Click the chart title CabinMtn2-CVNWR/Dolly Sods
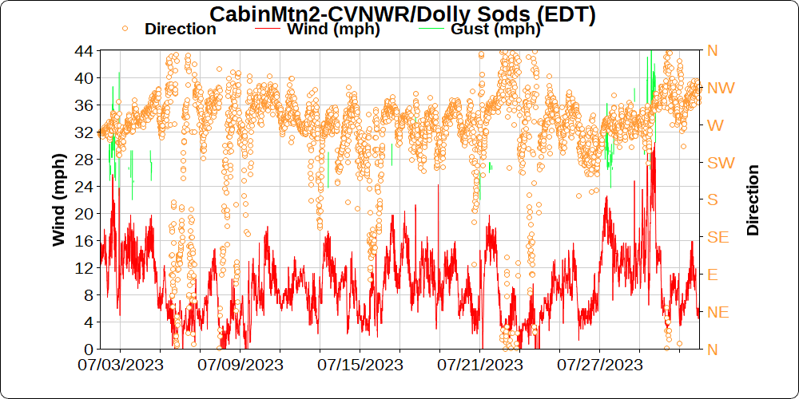(x=403, y=14)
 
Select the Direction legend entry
(x=180, y=30)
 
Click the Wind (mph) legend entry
(x=332, y=30)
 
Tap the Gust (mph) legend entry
(x=495, y=30)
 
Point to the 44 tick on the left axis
(x=83, y=50)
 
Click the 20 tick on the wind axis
(x=83, y=213)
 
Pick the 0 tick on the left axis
(x=87, y=349)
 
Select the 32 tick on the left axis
(x=83, y=132)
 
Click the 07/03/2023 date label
(x=121, y=365)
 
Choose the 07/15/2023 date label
(x=360, y=365)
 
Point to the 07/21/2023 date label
(x=480, y=365)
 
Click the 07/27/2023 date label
(x=600, y=365)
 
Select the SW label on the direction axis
(x=721, y=162)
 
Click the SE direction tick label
(x=718, y=237)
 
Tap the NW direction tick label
(x=721, y=88)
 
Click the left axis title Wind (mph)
(x=59, y=199)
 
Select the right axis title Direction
(x=753, y=199)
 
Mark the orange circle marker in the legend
(x=125, y=29)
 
